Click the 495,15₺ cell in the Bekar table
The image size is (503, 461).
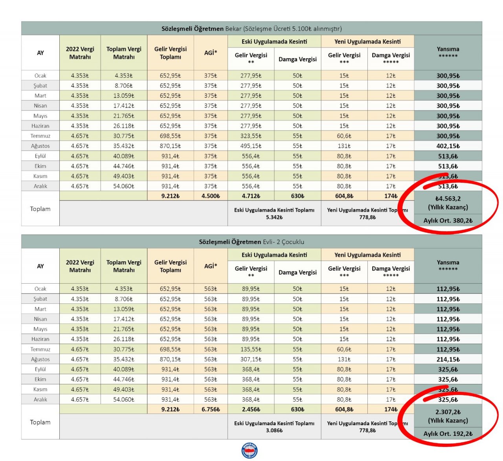251,146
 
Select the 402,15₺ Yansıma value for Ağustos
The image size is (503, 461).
448,146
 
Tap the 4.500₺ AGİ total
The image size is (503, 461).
211,196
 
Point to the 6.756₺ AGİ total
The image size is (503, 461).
211,409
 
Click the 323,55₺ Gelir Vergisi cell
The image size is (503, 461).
251,136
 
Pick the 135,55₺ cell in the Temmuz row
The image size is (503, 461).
251,349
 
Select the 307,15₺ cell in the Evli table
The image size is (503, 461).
251,359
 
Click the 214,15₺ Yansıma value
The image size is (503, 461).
448,359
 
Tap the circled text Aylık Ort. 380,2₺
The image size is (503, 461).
448,220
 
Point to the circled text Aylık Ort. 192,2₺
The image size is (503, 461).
448,434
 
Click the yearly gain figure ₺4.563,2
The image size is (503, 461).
448,198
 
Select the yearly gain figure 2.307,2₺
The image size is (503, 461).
448,412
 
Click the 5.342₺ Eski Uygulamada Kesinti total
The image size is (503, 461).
274,217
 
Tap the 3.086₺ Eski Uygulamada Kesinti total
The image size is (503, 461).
274,431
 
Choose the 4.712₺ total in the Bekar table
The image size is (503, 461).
251,196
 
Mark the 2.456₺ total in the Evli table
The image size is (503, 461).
251,409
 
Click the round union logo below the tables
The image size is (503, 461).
250,451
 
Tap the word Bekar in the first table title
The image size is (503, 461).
233,29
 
